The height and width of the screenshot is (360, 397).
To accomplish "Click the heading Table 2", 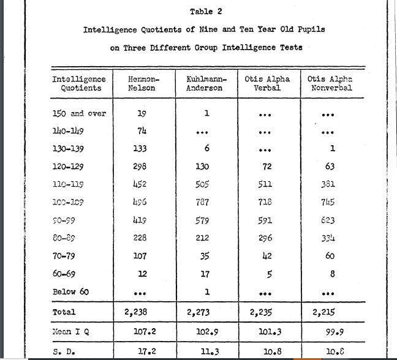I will coord(202,12).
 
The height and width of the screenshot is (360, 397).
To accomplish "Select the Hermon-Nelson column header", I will coord(142,83).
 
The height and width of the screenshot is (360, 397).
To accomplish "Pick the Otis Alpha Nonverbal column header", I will coord(331,83).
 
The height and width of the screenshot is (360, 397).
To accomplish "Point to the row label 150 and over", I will coord(79,113).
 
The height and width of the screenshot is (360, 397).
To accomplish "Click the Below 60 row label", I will coord(70,291).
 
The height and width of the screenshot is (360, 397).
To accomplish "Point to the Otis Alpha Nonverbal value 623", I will coord(331,220).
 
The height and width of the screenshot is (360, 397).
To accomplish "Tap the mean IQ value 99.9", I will coord(331,333).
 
